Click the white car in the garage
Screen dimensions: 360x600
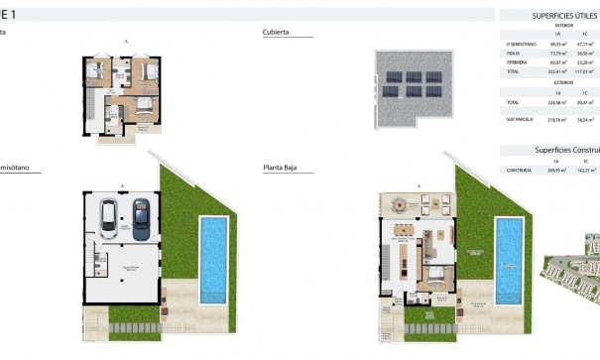point(112,213)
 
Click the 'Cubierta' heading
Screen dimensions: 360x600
point(276,32)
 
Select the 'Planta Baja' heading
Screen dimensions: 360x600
point(282,169)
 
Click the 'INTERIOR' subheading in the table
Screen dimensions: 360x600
point(563,26)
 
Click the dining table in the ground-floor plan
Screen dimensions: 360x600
point(405,236)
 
